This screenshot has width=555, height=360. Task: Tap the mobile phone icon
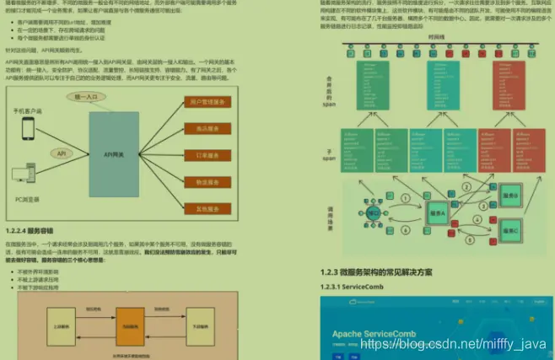pos(28,129)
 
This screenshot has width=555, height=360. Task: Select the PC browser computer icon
pos(26,176)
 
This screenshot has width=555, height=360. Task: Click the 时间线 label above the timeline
pos(437,38)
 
